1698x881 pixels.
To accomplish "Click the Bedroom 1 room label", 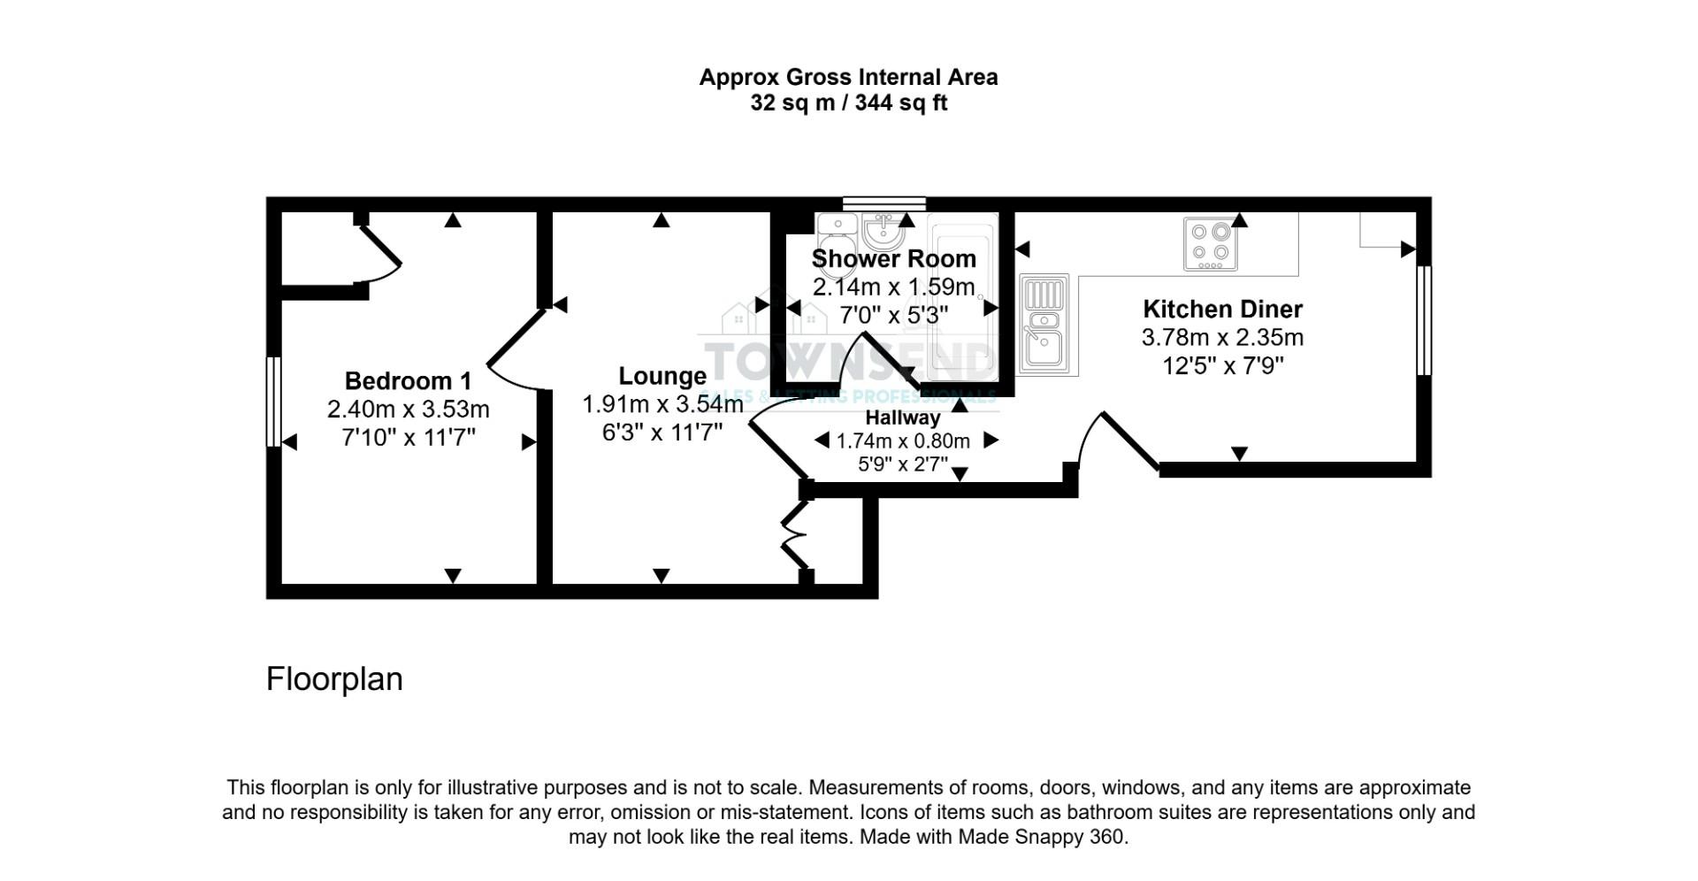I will click(408, 381).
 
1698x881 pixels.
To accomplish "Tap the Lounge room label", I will click(662, 376).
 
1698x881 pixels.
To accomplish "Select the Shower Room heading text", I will click(893, 259).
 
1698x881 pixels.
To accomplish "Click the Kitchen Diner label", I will click(1222, 309).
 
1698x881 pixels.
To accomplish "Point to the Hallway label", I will click(902, 418).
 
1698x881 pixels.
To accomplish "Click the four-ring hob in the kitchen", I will click(1210, 243).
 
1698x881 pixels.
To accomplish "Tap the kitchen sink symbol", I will click(1044, 323).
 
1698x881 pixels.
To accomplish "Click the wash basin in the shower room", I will click(883, 232).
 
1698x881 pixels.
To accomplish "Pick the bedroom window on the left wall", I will click(273, 401).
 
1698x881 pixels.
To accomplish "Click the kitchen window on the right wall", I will click(1423, 320).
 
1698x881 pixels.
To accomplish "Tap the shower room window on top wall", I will click(883, 203).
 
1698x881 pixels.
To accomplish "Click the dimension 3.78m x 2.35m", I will click(1222, 337).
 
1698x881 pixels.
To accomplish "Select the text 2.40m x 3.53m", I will click(408, 410).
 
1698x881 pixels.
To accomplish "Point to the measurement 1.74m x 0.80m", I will click(903, 440).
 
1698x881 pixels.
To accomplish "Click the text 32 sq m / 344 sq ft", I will click(848, 103).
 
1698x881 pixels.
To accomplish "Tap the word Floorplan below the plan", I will click(334, 679).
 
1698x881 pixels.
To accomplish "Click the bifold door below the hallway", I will click(795, 534).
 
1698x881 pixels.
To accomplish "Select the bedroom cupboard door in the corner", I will click(380, 252).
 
